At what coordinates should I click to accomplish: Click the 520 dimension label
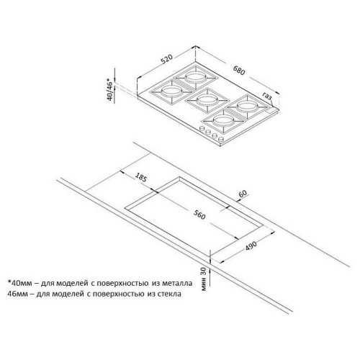[166, 59]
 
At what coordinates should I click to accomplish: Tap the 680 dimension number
[239, 70]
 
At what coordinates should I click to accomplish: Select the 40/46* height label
[109, 89]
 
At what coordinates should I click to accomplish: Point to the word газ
[267, 96]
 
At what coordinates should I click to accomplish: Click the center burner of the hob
[207, 101]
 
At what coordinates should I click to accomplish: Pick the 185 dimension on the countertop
[140, 177]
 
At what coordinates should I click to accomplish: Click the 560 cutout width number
[199, 215]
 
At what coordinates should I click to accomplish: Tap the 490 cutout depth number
[251, 246]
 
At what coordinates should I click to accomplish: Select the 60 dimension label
[243, 194]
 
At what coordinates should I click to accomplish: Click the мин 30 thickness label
[203, 279]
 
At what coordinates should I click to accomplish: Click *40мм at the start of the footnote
[19, 283]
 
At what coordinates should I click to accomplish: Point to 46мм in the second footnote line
[17, 294]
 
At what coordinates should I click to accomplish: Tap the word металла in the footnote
[177, 283]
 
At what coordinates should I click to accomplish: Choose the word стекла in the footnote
[170, 294]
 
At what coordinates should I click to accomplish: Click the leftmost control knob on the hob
[202, 129]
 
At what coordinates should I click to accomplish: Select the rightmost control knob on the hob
[220, 139]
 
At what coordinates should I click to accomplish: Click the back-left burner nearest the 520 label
[196, 77]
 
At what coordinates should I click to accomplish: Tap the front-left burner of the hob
[172, 92]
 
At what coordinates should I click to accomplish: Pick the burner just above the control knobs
[223, 121]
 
